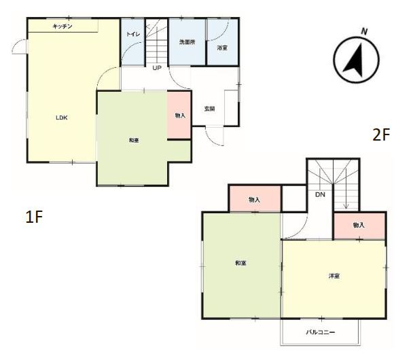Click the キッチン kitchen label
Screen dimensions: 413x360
(62, 26)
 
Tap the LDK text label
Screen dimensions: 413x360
(62, 118)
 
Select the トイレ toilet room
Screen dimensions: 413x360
(132, 42)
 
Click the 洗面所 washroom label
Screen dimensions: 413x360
(187, 42)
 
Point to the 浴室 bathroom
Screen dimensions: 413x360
(223, 41)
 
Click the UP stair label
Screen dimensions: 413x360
(157, 68)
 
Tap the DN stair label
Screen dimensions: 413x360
(321, 195)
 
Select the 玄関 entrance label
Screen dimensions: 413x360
(210, 109)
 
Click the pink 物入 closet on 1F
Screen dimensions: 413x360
(179, 115)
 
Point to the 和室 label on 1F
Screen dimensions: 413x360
(134, 141)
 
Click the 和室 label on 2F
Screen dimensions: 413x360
(240, 263)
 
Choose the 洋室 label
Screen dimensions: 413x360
(334, 276)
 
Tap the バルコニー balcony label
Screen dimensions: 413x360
(321, 332)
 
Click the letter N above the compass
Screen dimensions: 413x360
(364, 32)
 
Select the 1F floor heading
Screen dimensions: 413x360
(34, 217)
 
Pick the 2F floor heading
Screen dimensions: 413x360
(381, 134)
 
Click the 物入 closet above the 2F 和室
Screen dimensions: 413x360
(255, 199)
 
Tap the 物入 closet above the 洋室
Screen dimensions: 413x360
(359, 226)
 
